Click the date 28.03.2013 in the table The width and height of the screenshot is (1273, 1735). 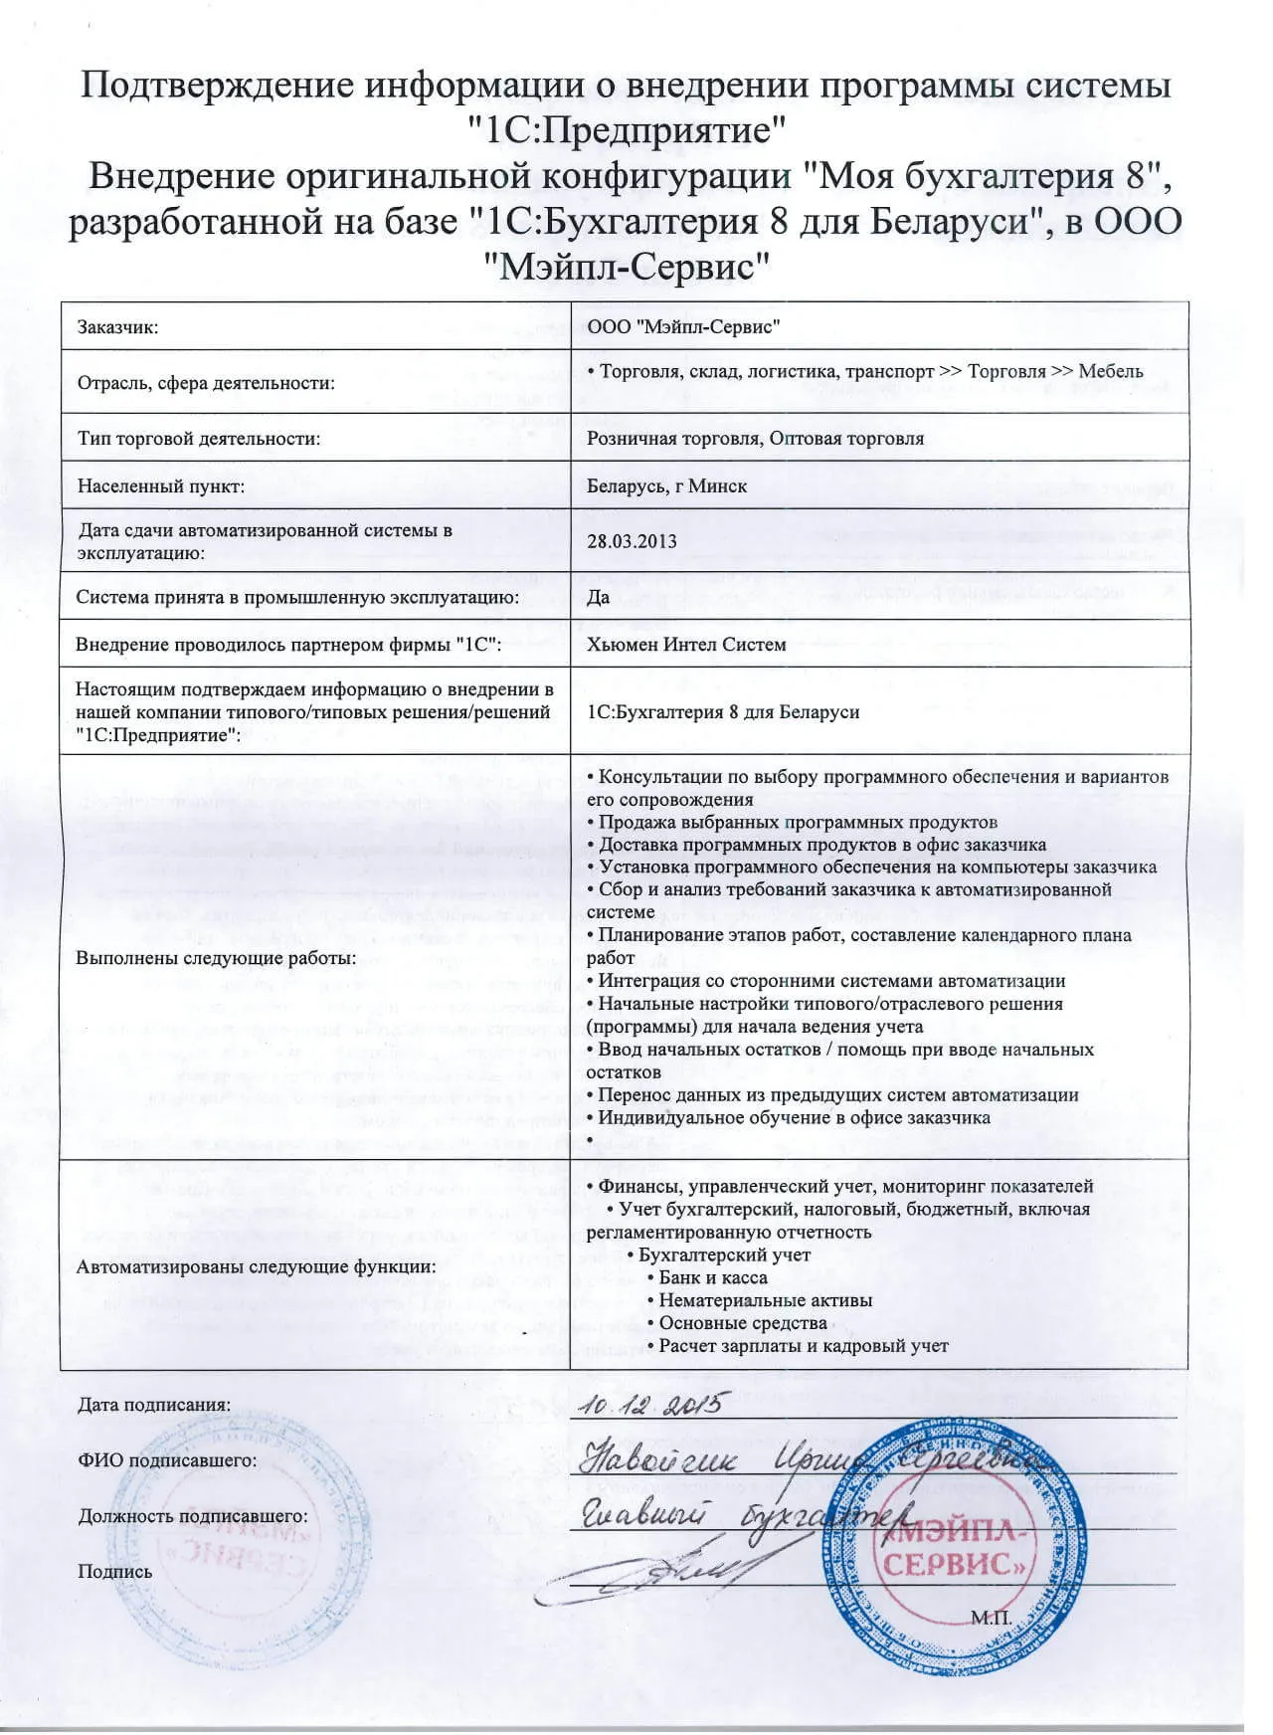(x=632, y=541)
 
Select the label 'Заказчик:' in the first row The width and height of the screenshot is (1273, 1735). (x=118, y=327)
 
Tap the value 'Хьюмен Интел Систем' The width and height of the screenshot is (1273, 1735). (x=686, y=644)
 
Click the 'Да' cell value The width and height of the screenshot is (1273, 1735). (x=598, y=597)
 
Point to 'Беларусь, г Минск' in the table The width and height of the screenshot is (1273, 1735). (x=666, y=486)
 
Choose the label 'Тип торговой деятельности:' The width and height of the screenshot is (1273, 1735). (x=199, y=438)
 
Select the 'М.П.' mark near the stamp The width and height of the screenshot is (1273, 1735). (x=991, y=1618)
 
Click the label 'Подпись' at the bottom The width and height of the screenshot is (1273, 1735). (x=115, y=1572)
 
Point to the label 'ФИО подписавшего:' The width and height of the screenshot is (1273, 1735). (x=167, y=1460)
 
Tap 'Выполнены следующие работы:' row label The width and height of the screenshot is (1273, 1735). (x=216, y=958)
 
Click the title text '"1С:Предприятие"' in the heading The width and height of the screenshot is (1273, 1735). (x=628, y=130)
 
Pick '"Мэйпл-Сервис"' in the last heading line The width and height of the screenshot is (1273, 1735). (x=628, y=266)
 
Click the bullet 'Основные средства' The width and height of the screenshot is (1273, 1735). (x=742, y=1323)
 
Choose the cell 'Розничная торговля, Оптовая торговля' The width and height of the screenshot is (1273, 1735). (x=755, y=438)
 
